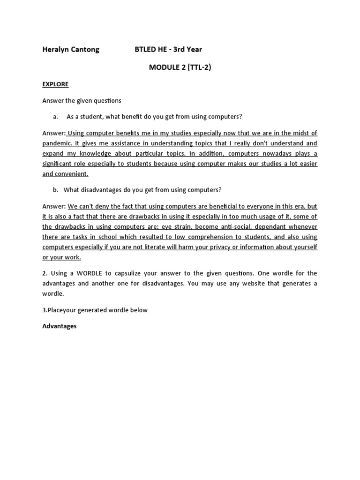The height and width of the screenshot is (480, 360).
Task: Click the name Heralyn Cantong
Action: point(71,49)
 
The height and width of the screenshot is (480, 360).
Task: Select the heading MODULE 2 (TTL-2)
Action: point(180,67)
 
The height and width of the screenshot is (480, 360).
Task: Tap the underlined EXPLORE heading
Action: point(55,84)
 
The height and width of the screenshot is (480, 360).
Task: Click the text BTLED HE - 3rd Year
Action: point(168,49)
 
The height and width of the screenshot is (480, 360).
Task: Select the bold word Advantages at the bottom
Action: point(60,326)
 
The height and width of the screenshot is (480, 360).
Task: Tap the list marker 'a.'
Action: point(55,116)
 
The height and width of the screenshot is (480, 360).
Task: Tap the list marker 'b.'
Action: point(55,190)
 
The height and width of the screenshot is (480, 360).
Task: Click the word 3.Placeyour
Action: point(59,310)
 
